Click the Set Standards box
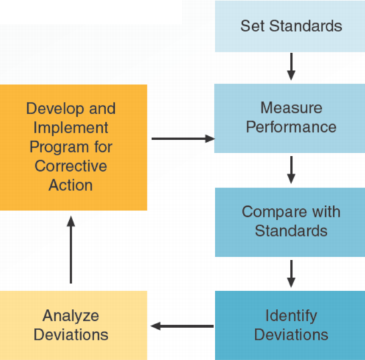coord(290,26)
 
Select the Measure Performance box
coord(289,119)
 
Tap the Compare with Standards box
coord(290,222)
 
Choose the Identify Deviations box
coord(290,326)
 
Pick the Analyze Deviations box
coord(74,326)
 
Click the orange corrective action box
coord(74,147)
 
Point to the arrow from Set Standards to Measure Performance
coord(291,66)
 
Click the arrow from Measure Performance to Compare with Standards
coord(291,170)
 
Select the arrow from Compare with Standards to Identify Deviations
coord(291,274)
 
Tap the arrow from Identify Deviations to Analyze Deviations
coord(182,326)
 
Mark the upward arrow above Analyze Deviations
coord(71,250)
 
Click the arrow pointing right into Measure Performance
coord(183,139)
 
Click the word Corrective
coord(71,166)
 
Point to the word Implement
coord(71,128)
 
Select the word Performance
coord(291,127)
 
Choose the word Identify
coord(291,316)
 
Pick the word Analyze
coord(71,316)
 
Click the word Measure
coord(291,108)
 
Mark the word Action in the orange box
coord(71,185)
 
